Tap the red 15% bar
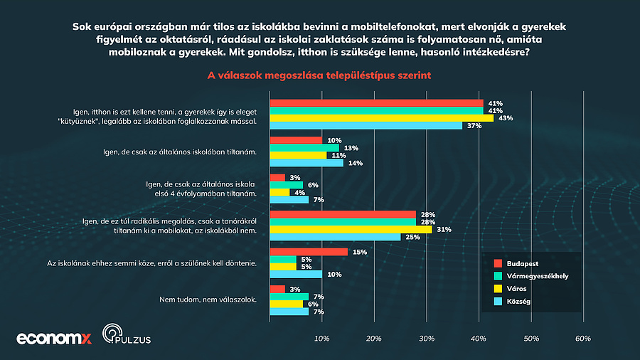coord(309,251)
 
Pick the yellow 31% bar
coord(351,229)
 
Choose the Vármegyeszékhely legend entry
coord(535,275)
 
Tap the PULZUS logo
coord(127,336)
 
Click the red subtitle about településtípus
coord(319,75)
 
